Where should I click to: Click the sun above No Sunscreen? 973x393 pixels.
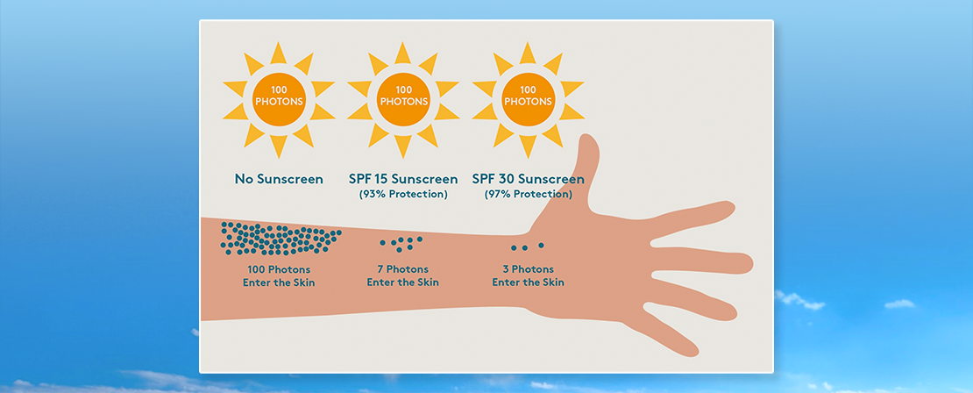pyautogui.click(x=279, y=100)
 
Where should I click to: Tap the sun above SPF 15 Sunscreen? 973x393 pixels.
pyautogui.click(x=403, y=100)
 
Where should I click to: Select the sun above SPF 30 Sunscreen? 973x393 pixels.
pyautogui.click(x=528, y=100)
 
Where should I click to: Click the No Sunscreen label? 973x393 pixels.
pyautogui.click(x=279, y=180)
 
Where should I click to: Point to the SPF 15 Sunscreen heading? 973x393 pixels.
pyautogui.click(x=403, y=180)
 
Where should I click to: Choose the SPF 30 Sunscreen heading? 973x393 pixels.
pyautogui.click(x=528, y=180)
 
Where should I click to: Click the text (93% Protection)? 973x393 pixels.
pyautogui.click(x=403, y=195)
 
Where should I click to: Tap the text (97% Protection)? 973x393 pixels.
pyautogui.click(x=528, y=195)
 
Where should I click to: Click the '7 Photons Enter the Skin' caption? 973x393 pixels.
pyautogui.click(x=402, y=276)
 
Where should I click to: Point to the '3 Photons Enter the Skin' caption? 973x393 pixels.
pyautogui.click(x=528, y=276)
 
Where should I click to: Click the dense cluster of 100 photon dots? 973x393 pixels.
pyautogui.click(x=281, y=239)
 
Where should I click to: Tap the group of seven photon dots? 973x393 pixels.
pyautogui.click(x=401, y=243)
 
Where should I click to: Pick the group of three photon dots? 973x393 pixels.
pyautogui.click(x=528, y=247)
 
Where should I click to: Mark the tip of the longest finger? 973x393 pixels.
pyautogui.click(x=753, y=264)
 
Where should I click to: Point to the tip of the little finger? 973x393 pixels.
pyautogui.click(x=698, y=353)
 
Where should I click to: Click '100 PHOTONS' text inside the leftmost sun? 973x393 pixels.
pyautogui.click(x=279, y=96)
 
